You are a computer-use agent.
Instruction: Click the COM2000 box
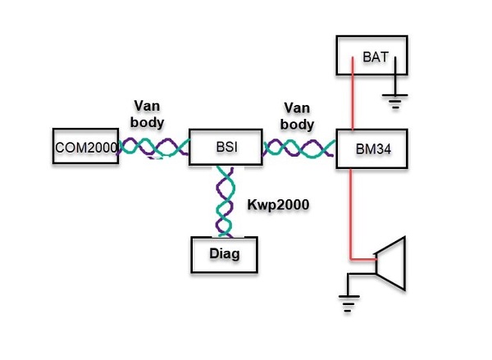tap(85, 148)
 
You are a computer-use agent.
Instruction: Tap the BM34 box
tap(372, 149)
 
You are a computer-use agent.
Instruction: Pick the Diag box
tap(224, 254)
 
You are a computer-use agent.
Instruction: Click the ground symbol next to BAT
tap(397, 101)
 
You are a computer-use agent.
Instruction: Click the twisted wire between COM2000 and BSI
tap(153, 148)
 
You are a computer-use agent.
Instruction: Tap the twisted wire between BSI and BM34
tap(298, 148)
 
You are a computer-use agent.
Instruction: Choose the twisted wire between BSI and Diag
tap(225, 201)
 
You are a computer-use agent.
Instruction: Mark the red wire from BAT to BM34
tap(353, 103)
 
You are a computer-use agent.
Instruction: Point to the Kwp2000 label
tap(278, 205)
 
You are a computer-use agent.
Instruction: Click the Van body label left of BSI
tap(150, 114)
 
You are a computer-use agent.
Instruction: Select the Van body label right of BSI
tap(298, 116)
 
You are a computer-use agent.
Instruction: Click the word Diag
tap(224, 254)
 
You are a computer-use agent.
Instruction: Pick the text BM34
tap(372, 150)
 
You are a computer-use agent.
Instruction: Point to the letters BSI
tap(226, 147)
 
